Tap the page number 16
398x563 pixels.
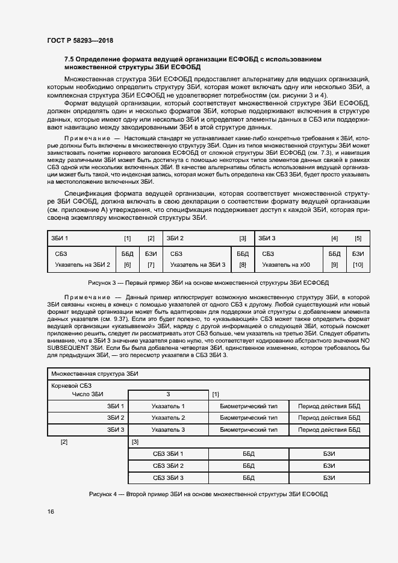pos(50,511)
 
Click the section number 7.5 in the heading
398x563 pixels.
pos(69,59)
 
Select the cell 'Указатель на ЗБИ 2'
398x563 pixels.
pos(82,264)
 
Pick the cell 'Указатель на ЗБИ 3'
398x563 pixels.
pos(197,264)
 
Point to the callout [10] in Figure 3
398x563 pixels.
pos(358,264)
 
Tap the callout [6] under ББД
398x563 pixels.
pos(127,264)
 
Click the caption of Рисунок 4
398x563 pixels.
pos(208,494)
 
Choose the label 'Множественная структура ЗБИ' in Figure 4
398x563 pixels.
pos(95,374)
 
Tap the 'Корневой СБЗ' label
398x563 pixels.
pos(72,385)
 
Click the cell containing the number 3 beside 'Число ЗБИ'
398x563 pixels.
pos(168,394)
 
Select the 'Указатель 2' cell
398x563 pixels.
pos(168,417)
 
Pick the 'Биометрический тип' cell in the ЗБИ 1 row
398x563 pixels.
pos(249,406)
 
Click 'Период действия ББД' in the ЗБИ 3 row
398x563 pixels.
pos(329,429)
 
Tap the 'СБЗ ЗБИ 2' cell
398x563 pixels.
pos(168,466)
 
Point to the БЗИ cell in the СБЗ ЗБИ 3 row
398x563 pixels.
pos(329,477)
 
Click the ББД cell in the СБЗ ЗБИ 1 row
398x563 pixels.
pos(249,454)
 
